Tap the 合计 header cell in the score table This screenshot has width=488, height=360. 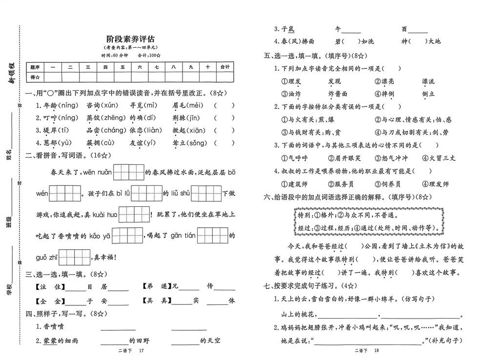pos(225,67)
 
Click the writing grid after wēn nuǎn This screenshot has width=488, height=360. pos(129,172)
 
